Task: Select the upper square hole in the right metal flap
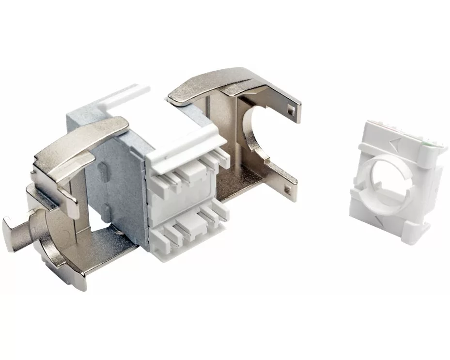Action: [x=290, y=112]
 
